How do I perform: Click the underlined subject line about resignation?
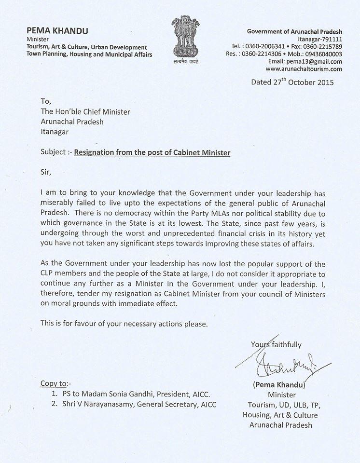152,153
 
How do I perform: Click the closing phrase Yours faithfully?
276,344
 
